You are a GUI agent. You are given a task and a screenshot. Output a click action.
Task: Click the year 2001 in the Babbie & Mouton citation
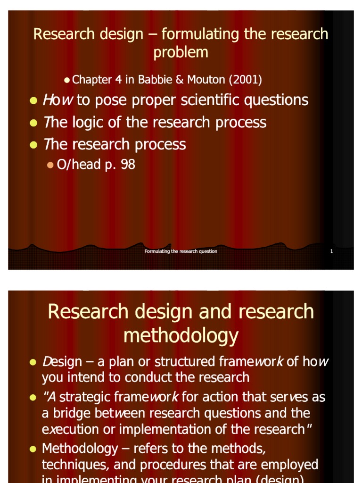pyautogui.click(x=246, y=80)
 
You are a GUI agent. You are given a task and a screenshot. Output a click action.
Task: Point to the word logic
pyautogui.click(x=90, y=122)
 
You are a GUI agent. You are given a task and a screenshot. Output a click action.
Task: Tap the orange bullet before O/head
pyautogui.click(x=50, y=165)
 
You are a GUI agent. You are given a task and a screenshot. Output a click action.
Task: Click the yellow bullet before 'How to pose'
pyautogui.click(x=33, y=100)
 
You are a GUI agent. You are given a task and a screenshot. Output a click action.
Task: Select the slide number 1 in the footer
pyautogui.click(x=331, y=251)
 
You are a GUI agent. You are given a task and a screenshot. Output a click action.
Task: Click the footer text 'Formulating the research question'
pyautogui.click(x=181, y=251)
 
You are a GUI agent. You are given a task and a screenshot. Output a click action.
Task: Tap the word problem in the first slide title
pyautogui.click(x=181, y=52)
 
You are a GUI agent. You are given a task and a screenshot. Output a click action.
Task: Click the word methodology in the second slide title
pyautogui.click(x=181, y=335)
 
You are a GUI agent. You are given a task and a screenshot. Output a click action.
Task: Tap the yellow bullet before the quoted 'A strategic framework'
pyautogui.click(x=33, y=398)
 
